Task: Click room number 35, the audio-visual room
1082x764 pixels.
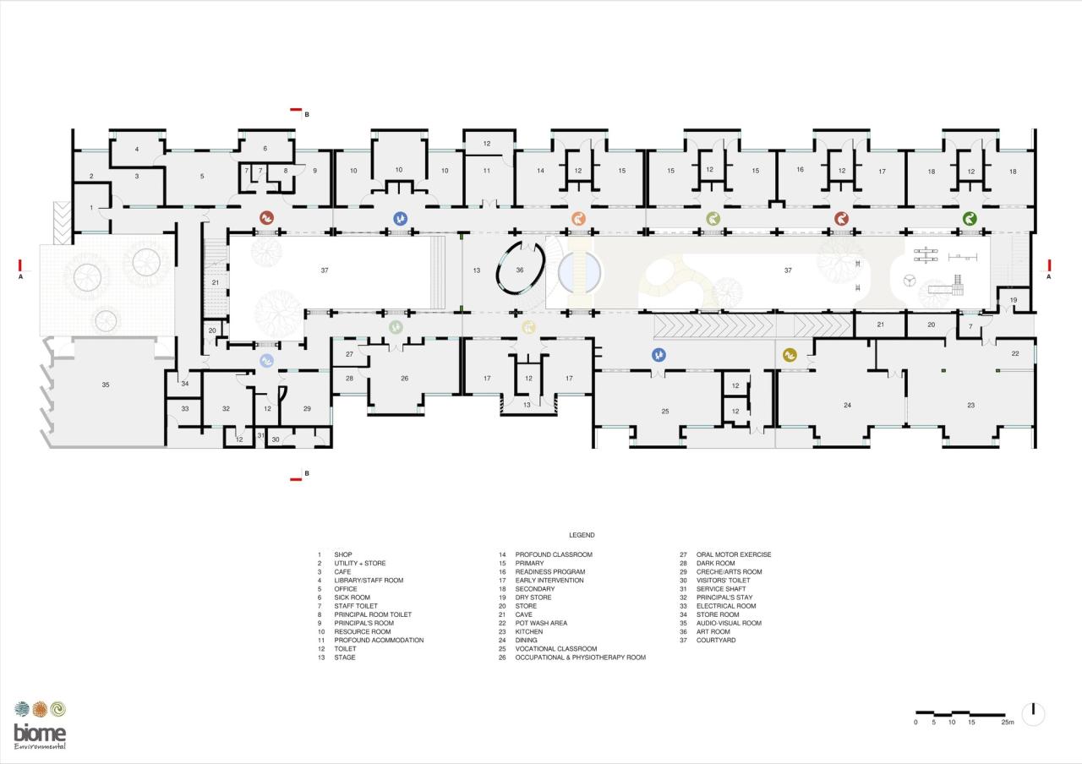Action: (106, 385)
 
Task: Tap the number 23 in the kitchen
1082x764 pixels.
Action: (971, 406)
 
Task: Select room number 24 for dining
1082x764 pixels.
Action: (847, 406)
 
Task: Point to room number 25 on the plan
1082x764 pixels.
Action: (665, 412)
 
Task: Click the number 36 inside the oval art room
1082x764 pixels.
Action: (520, 270)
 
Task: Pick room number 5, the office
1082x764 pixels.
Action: (202, 176)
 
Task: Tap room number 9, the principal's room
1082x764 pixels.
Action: (314, 171)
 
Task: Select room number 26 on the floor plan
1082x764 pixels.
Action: (404, 378)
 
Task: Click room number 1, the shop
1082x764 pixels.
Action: (91, 207)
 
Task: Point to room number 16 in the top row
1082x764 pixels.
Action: (800, 170)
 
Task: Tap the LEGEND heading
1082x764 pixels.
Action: (582, 535)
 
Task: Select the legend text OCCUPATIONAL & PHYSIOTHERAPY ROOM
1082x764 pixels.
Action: (580, 658)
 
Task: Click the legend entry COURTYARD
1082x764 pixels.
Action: (716, 641)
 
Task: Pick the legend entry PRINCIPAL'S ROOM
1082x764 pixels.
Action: (363, 624)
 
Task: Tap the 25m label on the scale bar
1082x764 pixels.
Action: (1007, 723)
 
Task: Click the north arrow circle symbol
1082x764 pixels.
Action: (1033, 714)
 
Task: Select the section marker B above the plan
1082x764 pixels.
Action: (307, 114)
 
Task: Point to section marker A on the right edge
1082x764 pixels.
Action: (1049, 276)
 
